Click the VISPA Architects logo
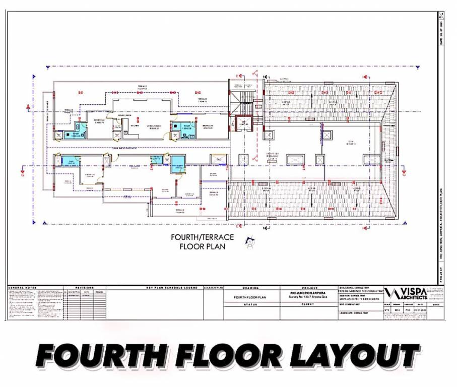point(406,294)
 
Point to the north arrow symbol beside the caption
point(249,243)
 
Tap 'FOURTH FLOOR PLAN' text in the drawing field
point(251,297)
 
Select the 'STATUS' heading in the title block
point(250,304)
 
